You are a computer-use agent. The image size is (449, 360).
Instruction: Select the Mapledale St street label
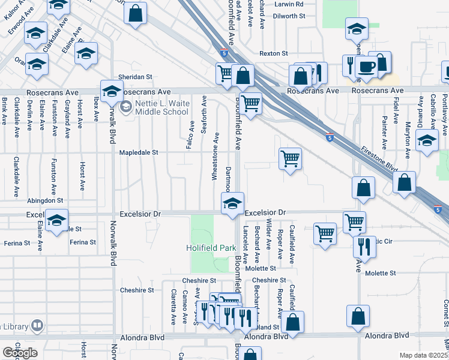click(x=138, y=152)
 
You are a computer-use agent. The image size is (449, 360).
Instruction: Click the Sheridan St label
click(x=135, y=77)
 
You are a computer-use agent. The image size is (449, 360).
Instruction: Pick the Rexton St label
click(x=274, y=53)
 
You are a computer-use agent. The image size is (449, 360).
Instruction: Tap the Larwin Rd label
click(x=291, y=4)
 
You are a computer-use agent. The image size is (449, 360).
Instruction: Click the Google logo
click(x=20, y=353)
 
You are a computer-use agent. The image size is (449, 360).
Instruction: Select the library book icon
click(x=37, y=325)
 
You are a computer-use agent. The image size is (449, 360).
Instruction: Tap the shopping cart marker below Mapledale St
click(x=290, y=159)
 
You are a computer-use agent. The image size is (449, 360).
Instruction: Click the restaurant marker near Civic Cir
click(x=364, y=245)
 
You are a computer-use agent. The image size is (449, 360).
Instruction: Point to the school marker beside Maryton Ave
click(x=427, y=142)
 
